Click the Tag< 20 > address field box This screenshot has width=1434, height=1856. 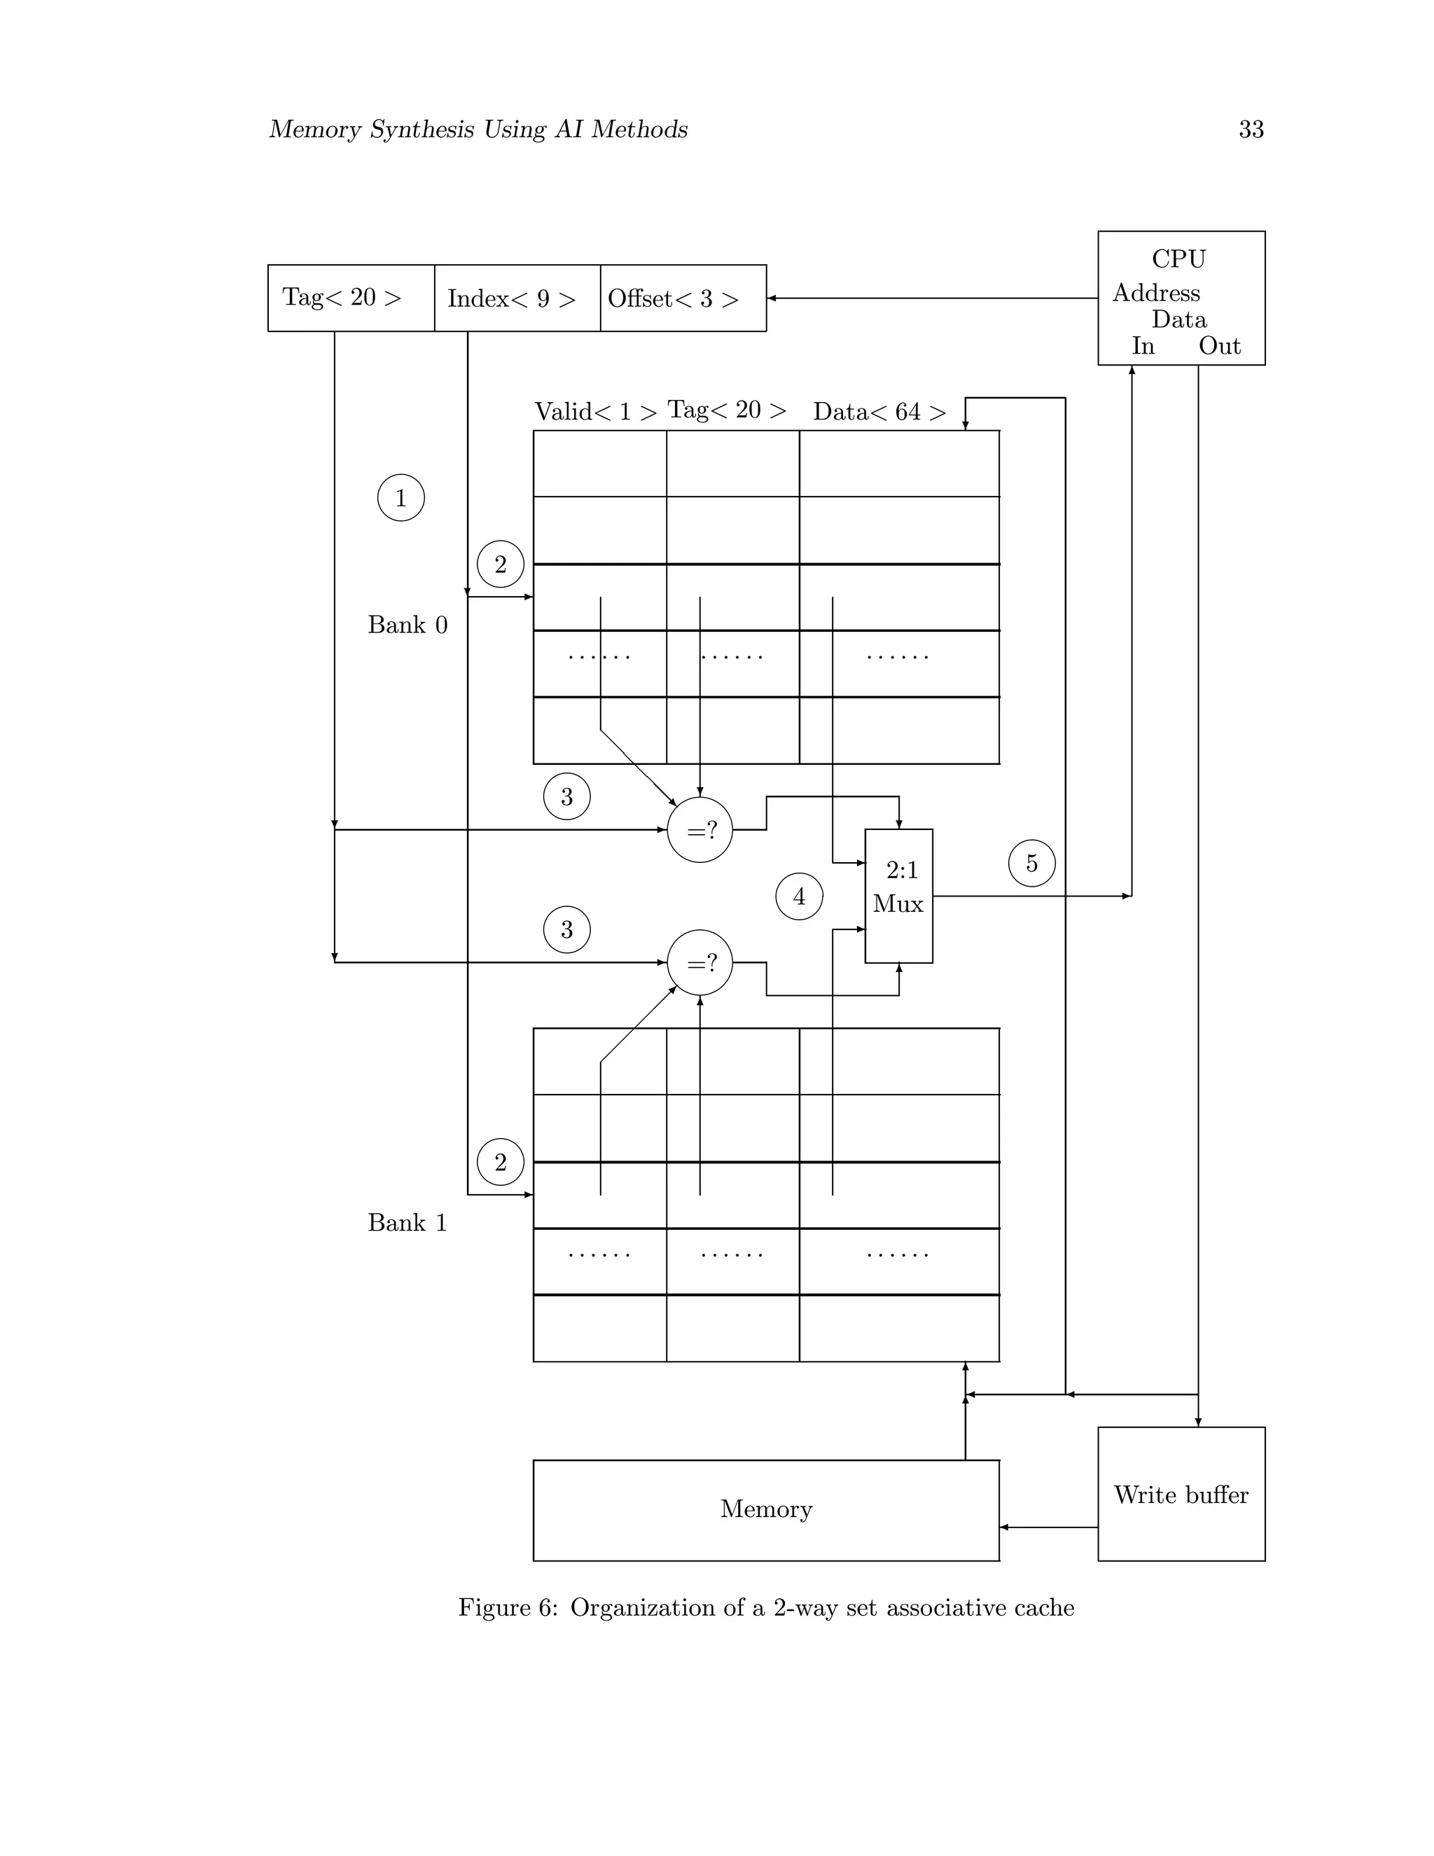click(x=351, y=298)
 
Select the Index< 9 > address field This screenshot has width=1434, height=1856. click(x=517, y=298)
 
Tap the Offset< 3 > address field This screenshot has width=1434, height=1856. click(x=683, y=298)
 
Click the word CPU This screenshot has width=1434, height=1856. click(x=1178, y=258)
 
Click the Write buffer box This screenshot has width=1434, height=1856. click(x=1181, y=1494)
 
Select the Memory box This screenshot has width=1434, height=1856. click(x=765, y=1509)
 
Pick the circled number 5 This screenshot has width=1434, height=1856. click(x=1031, y=864)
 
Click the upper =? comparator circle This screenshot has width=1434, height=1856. click(x=700, y=830)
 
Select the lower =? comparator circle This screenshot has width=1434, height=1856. click(x=700, y=963)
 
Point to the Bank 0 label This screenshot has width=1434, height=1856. click(x=407, y=625)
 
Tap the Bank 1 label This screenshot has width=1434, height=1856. click(x=407, y=1223)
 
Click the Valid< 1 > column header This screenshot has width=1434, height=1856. click(x=596, y=412)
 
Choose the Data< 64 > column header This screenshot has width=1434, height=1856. click(x=879, y=412)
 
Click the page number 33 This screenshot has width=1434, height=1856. click(x=1251, y=129)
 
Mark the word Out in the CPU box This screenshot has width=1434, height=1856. click(x=1219, y=346)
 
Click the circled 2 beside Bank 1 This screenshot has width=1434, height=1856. click(x=501, y=1162)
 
